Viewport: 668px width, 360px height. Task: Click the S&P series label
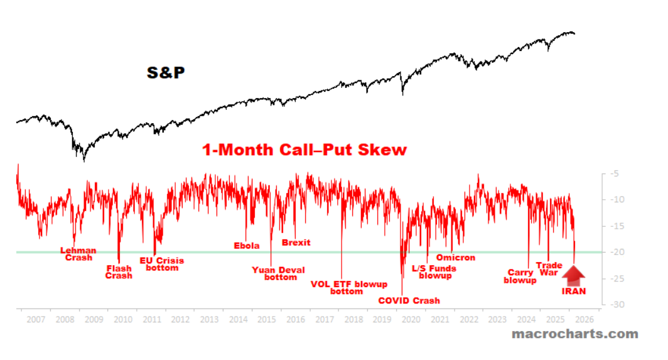tap(166, 73)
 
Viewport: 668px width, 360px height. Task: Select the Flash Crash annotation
tap(119, 272)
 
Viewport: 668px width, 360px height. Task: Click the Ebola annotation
tap(247, 246)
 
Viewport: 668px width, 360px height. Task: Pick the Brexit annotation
tap(296, 243)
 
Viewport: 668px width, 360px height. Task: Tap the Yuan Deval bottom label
tap(278, 273)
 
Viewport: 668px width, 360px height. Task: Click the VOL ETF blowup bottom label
tap(349, 287)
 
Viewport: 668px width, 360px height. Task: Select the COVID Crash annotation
tap(409, 300)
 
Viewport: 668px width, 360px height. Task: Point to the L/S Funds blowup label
tap(434, 271)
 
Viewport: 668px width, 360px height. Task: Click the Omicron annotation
tap(456, 258)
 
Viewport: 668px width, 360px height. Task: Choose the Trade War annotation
tap(549, 269)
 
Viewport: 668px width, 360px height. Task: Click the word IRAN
tap(574, 291)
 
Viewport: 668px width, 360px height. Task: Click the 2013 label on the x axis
tap(209, 320)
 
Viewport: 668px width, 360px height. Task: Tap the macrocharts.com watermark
tap(574, 334)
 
